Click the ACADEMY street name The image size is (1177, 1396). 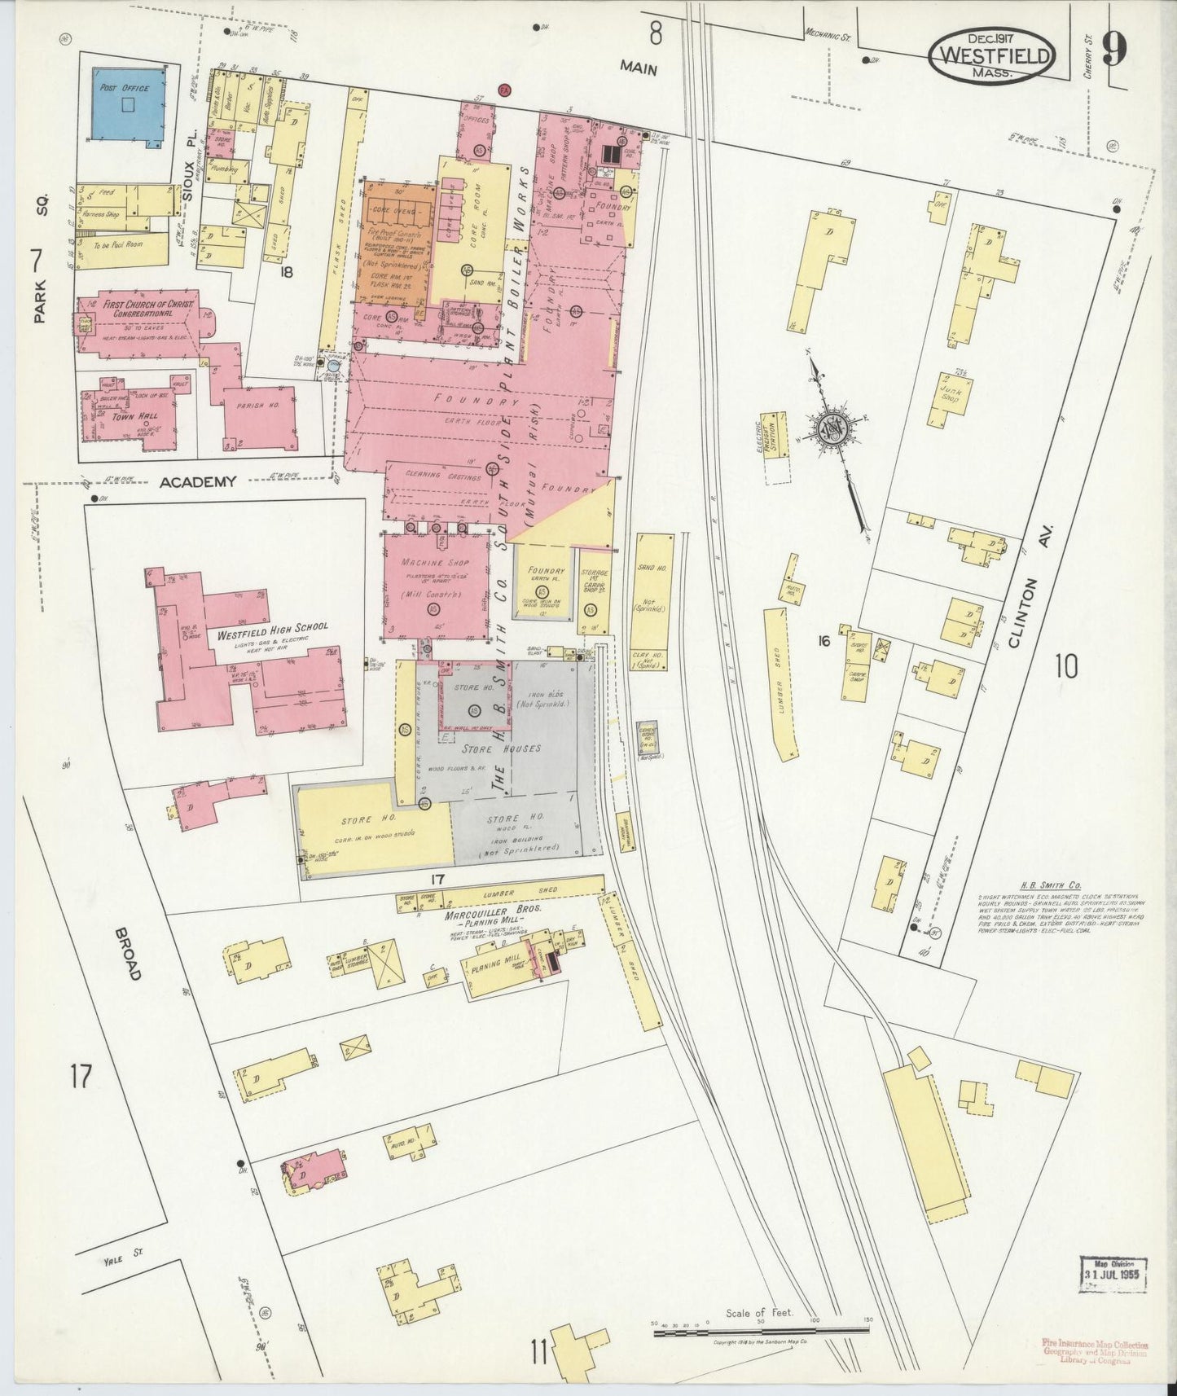click(198, 482)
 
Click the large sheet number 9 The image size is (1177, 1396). click(1114, 50)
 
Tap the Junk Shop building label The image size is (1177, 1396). click(950, 394)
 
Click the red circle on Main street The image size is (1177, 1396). click(504, 89)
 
